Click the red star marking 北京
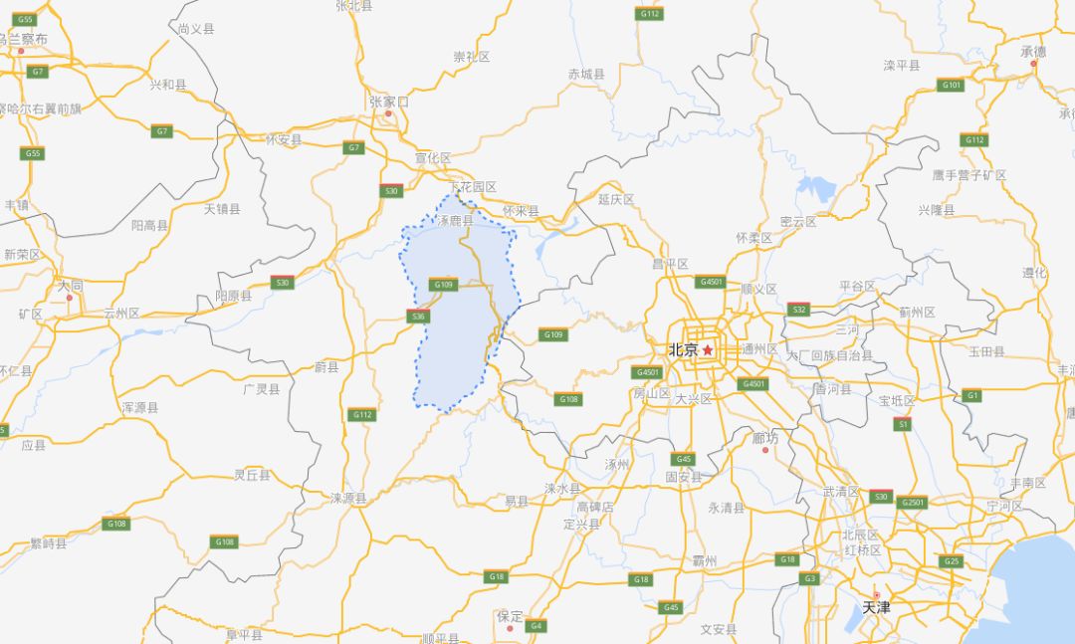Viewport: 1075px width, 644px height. tap(708, 350)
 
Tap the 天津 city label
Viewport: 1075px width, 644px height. tap(876, 606)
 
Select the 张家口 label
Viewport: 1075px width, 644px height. tap(388, 102)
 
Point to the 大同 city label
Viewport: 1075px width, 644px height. tap(70, 286)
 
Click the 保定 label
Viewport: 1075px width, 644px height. tap(510, 616)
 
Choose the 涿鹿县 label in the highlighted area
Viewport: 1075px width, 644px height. tap(455, 221)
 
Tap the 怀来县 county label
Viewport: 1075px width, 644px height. tap(520, 211)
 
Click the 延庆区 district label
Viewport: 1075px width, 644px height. tap(615, 199)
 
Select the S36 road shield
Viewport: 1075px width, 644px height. tap(418, 317)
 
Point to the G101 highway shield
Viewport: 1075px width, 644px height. tap(952, 85)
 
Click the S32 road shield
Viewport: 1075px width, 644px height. tap(798, 310)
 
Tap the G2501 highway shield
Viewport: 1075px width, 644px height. tap(912, 503)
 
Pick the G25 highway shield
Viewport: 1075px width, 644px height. tap(952, 561)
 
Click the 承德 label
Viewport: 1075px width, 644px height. tap(1033, 52)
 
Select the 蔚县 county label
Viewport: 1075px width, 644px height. tap(326, 367)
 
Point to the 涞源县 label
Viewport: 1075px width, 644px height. tap(348, 498)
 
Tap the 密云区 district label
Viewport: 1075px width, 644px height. tap(798, 222)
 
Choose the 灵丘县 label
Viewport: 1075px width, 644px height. tap(252, 475)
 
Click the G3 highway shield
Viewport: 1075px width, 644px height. tap(809, 578)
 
